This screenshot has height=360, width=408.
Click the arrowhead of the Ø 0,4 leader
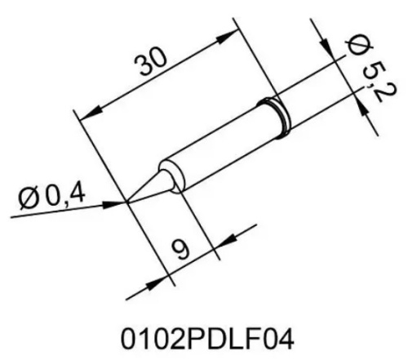118,202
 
